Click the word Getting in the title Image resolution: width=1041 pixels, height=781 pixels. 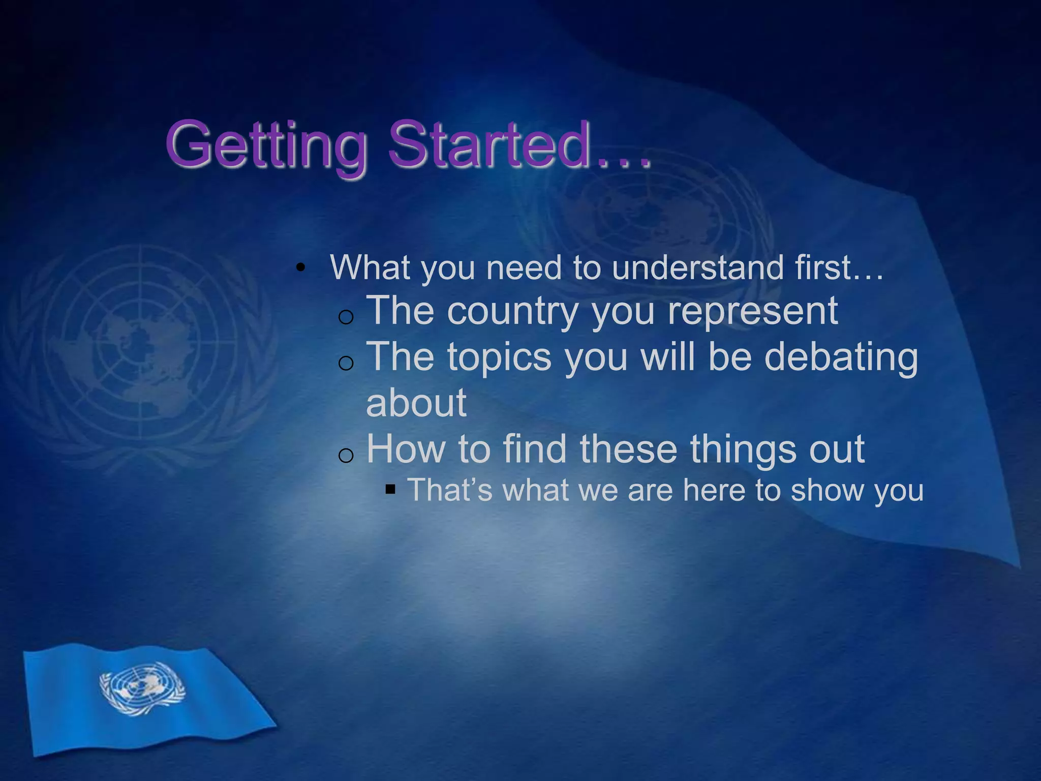266,145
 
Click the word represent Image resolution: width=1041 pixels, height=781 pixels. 752,311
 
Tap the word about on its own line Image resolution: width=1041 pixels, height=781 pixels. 416,403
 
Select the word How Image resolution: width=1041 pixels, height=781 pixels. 406,449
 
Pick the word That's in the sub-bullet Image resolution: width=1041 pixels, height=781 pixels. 450,490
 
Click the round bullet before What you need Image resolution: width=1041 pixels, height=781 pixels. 301,268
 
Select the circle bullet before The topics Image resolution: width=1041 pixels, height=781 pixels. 346,363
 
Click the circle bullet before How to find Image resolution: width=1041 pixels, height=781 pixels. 346,455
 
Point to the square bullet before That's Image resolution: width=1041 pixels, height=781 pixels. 390,490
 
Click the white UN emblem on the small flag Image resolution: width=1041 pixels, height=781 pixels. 142,689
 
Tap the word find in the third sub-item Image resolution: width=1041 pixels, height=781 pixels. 534,449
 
